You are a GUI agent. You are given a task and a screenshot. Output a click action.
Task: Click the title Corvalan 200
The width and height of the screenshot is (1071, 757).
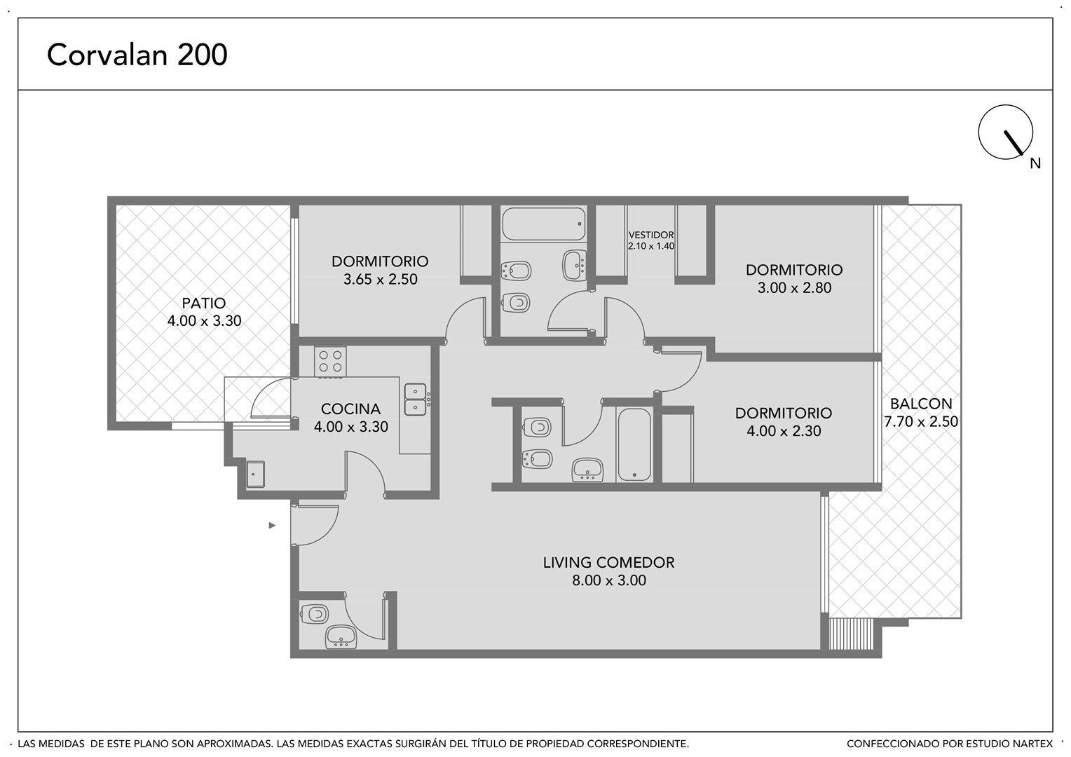pos(137,55)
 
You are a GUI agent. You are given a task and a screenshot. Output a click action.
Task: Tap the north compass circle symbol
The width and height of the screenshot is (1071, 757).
pos(1005,132)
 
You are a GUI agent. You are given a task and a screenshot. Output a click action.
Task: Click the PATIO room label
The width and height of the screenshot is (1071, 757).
pos(204,303)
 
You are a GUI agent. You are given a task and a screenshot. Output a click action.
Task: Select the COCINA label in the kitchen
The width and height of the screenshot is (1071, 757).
pos(350,409)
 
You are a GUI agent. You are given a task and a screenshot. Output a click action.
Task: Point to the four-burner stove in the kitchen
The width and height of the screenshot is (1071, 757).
pos(330,362)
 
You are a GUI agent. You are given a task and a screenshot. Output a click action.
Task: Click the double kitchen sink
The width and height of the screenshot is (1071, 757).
pos(416,400)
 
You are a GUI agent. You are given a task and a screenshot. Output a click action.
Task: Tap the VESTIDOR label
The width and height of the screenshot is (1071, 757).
pos(650,235)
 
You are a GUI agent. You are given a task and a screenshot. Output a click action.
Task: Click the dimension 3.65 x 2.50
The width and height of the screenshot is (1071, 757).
pos(380,279)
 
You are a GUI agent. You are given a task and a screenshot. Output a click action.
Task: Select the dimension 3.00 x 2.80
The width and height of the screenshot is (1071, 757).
pos(794,288)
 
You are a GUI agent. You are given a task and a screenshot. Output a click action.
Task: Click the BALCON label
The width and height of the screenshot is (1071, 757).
pos(921,404)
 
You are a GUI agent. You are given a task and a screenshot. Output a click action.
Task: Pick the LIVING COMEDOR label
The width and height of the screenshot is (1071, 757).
pos(608,562)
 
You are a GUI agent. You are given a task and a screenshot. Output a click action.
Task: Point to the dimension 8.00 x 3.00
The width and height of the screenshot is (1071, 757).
pos(608,580)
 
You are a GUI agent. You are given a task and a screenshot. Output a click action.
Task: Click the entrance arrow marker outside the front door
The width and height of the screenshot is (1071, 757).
pos(272,526)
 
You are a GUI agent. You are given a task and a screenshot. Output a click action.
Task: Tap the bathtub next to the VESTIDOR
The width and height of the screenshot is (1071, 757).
pos(544,224)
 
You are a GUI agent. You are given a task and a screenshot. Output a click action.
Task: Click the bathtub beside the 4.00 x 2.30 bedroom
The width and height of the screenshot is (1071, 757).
pos(634,444)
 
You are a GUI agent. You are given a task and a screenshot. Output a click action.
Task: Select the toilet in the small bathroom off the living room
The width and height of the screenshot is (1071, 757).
pos(315,613)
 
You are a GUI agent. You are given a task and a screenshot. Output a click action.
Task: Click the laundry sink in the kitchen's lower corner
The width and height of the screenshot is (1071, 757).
pos(255,474)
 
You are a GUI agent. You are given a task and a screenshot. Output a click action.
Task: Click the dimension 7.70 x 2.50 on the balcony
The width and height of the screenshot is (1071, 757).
pos(921,421)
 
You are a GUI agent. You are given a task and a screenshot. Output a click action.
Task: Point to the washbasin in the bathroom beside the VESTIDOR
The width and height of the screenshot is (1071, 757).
pos(574,265)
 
